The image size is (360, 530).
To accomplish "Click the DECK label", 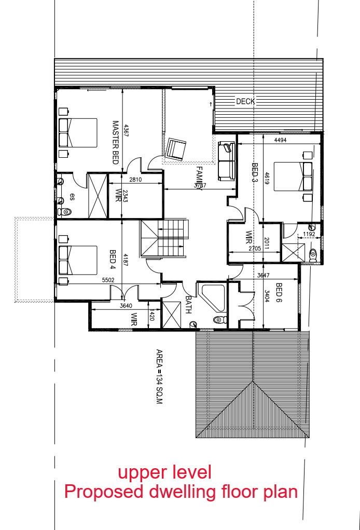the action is pyautogui.click(x=245, y=101).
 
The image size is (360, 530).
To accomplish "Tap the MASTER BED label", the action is pyautogui.click(x=116, y=143).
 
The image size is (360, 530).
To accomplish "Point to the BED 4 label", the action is pyautogui.click(x=113, y=260).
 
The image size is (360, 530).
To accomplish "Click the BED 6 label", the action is pyautogui.click(x=279, y=293).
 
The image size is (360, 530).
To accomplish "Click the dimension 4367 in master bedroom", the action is pyautogui.click(x=126, y=131).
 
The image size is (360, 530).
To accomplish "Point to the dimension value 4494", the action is pyautogui.click(x=280, y=140).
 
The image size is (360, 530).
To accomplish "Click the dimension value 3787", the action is pyautogui.click(x=200, y=185).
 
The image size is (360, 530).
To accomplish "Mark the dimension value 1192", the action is pyautogui.click(x=309, y=234).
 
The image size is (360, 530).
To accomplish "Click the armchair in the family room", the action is pyautogui.click(x=176, y=149).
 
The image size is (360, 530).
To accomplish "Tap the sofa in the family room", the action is pyautogui.click(x=227, y=161).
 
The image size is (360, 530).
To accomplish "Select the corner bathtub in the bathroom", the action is pyautogui.click(x=213, y=297).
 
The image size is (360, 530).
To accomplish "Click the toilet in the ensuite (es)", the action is pyautogui.click(x=65, y=212).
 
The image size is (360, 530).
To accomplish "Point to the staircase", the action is pyautogui.click(x=164, y=239).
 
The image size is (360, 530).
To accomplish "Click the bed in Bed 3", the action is pyautogui.click(x=293, y=176).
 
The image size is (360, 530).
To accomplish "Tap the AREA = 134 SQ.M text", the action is pyautogui.click(x=160, y=377).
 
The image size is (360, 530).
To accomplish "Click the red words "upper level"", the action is pyautogui.click(x=165, y=472).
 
